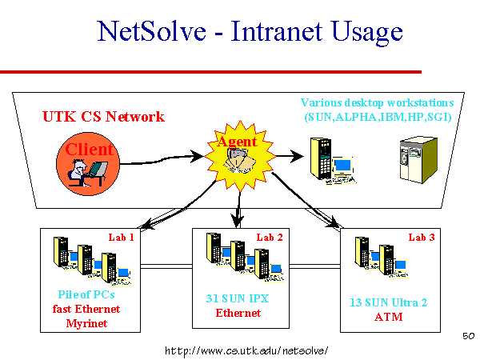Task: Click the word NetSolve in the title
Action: (x=151, y=31)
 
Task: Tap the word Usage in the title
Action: (x=367, y=33)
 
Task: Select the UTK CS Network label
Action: (x=103, y=117)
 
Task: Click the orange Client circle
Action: (x=88, y=164)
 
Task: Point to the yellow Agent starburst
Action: (x=240, y=156)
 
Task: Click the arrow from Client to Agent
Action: (x=162, y=159)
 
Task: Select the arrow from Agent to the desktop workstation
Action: (x=290, y=156)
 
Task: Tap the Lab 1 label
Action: (x=122, y=238)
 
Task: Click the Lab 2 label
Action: (x=270, y=238)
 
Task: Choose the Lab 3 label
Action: (x=422, y=238)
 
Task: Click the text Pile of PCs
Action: (x=86, y=294)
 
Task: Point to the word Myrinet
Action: (x=86, y=323)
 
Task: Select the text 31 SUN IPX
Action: (x=238, y=298)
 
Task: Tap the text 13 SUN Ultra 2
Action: (x=389, y=302)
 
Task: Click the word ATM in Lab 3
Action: (x=389, y=317)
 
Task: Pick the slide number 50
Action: (x=469, y=336)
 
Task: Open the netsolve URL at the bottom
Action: (x=246, y=350)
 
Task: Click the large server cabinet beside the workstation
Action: (x=418, y=160)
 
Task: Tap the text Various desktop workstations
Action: (x=377, y=102)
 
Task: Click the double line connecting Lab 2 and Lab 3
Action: (x=314, y=266)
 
